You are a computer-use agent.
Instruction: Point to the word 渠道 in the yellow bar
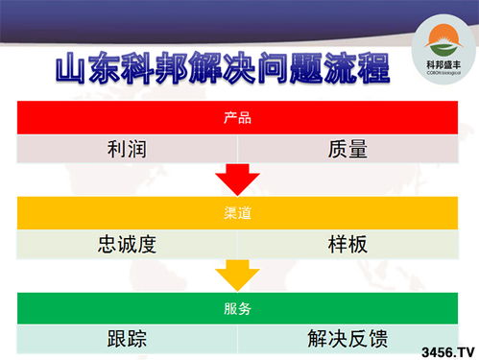point(237,212)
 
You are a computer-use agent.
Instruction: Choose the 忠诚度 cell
point(128,243)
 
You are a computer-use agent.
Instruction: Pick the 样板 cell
point(347,243)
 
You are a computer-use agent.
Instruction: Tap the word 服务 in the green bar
point(237,308)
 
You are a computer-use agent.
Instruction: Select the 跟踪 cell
point(128,339)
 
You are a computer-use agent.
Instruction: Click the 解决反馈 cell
point(347,339)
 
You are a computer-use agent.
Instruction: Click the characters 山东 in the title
point(85,71)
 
